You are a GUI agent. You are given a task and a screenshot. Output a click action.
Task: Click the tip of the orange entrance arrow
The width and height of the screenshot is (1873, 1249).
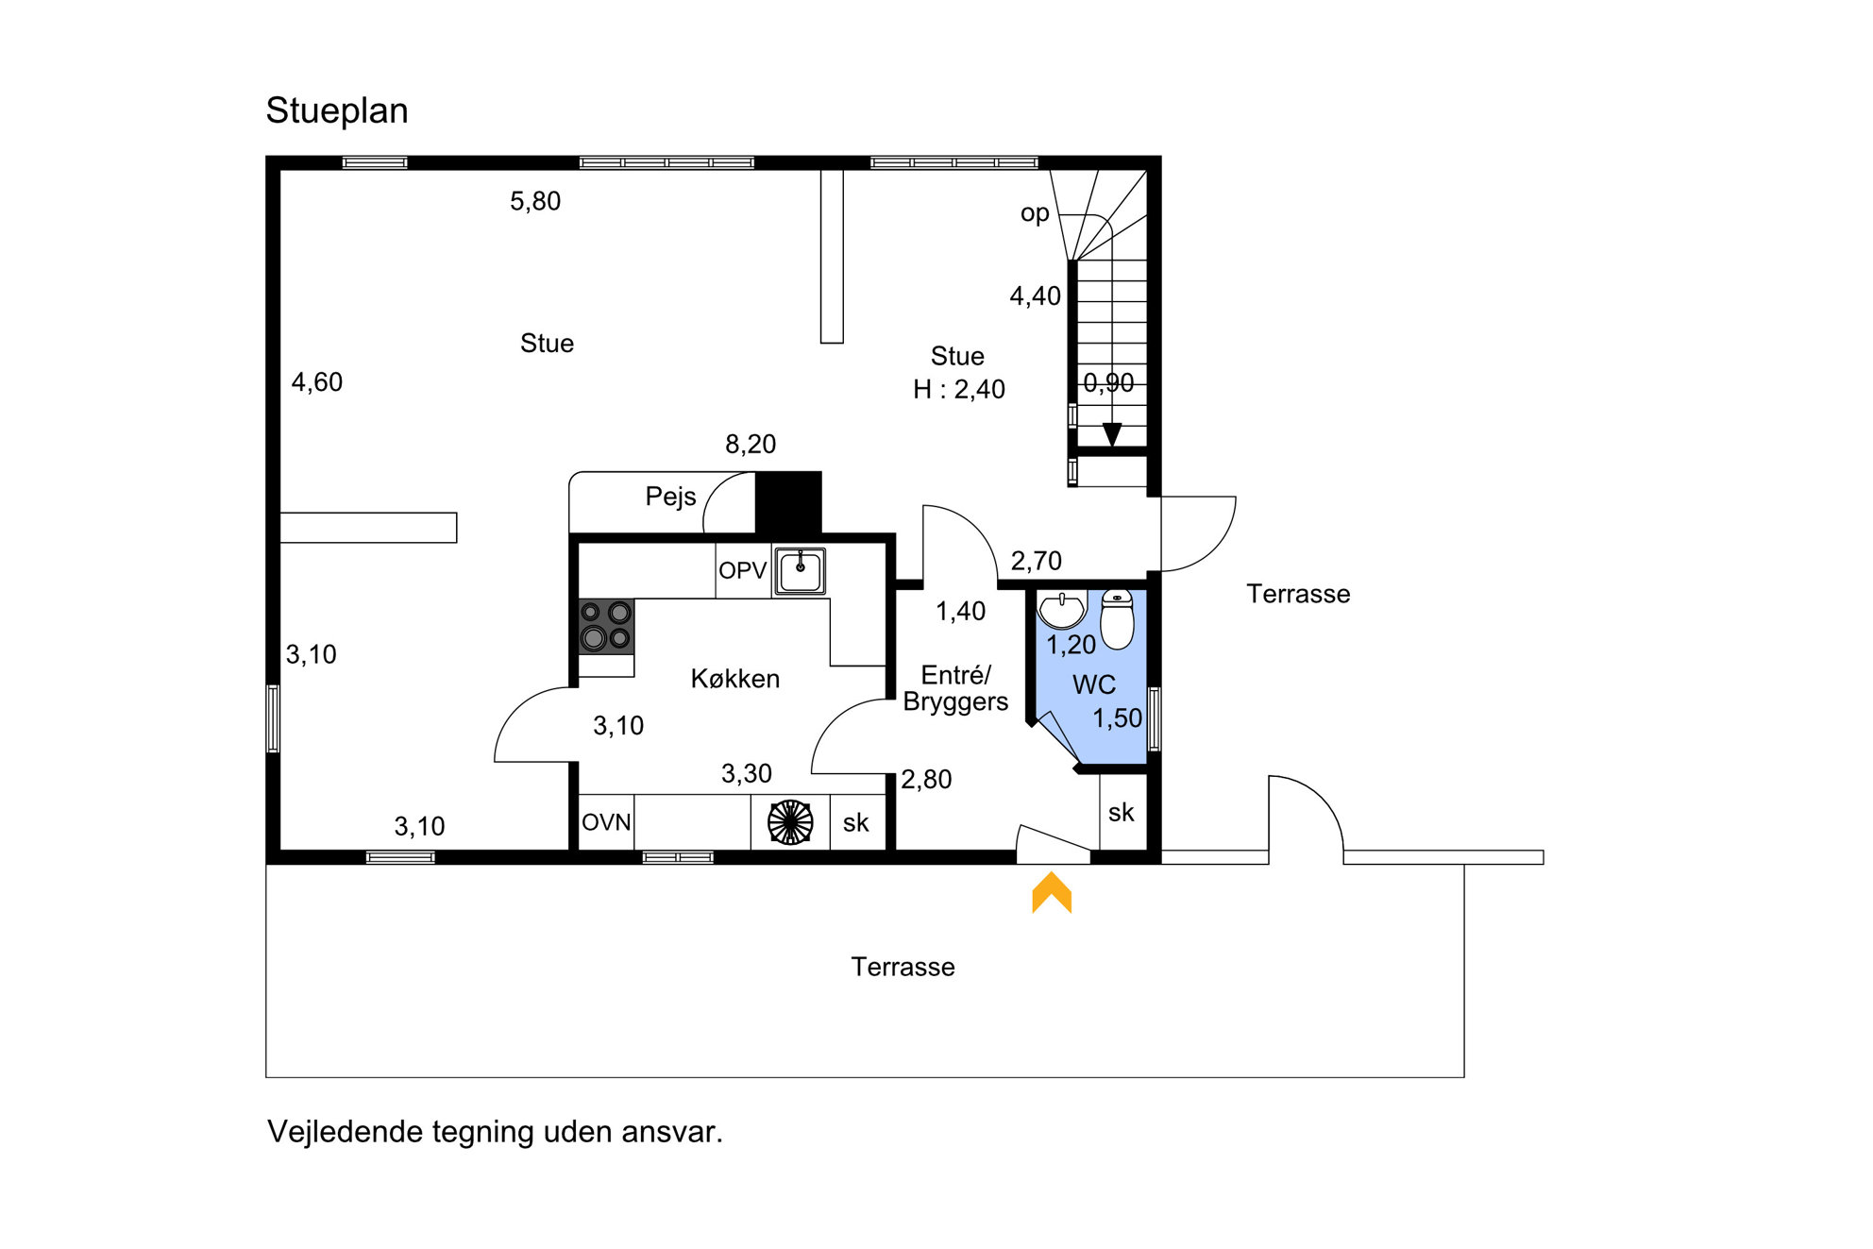1052,872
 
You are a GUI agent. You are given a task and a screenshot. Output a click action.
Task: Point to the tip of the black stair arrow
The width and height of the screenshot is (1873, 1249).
1112,447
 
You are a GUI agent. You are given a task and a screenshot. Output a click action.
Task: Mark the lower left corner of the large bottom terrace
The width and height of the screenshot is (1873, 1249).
266,1077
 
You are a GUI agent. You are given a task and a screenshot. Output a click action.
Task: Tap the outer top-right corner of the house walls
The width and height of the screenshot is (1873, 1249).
1161,156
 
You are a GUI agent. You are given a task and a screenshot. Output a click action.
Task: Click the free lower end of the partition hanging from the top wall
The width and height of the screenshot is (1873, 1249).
832,343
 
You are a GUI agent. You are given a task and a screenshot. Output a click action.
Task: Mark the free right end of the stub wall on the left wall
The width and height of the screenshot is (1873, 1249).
457,528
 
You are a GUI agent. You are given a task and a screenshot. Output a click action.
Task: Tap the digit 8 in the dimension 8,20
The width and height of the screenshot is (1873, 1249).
733,445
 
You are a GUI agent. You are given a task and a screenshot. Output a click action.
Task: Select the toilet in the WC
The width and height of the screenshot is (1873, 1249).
1118,619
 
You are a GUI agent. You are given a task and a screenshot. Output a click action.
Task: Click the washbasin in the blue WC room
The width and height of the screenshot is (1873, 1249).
1062,609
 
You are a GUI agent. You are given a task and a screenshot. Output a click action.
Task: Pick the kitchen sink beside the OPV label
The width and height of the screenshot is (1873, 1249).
801,571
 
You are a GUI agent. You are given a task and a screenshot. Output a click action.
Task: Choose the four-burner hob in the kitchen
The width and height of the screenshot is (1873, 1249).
606,627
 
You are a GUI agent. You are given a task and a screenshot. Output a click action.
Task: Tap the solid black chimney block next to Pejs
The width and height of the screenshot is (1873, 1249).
788,503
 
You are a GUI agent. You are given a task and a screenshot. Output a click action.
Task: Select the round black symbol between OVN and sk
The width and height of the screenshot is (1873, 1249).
790,822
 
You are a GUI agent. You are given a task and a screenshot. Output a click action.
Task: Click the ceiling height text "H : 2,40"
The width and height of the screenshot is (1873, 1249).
959,389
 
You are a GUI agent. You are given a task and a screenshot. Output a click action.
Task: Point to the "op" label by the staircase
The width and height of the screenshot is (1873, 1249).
1035,214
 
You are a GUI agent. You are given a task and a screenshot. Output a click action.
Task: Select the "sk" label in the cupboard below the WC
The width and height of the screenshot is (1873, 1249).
1122,813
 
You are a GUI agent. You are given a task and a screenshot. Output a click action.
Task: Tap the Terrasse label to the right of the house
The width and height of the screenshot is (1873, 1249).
1298,594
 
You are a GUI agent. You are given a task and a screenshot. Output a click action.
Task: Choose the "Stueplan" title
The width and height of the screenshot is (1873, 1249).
337,111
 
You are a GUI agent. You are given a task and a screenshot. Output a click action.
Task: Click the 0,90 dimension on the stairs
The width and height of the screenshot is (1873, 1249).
1108,383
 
